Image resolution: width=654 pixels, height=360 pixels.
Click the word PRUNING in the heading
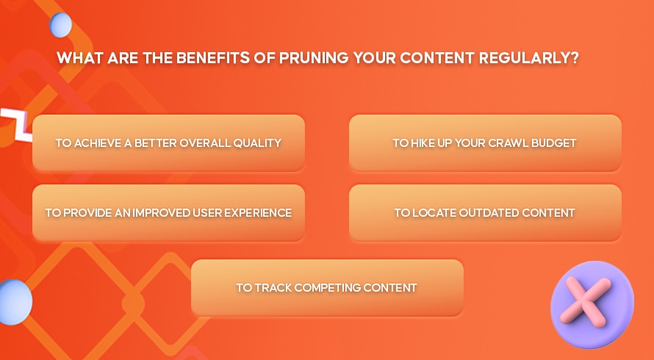314,57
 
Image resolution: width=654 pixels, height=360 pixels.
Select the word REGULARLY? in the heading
529,57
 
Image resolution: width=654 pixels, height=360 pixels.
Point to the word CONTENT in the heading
436,57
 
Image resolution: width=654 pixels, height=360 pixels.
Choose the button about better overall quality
168,143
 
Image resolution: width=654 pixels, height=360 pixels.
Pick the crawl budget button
485,143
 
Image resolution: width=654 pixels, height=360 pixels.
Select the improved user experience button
168,213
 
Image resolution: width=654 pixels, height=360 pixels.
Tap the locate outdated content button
485,213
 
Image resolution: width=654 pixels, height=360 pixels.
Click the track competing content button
327,288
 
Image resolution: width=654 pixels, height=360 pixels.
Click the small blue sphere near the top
61,25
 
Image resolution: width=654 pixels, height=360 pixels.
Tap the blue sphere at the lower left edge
15,302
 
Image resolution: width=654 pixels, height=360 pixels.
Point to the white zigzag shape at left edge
17,124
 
